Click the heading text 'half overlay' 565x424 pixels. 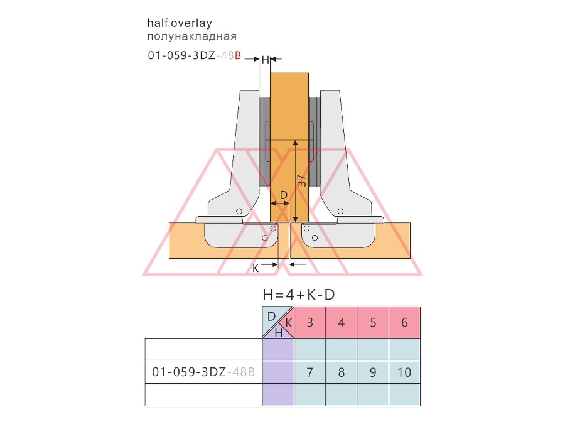(180, 23)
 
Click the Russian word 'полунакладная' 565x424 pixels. (192, 36)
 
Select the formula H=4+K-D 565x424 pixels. (299, 295)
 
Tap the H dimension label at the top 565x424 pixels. (265, 60)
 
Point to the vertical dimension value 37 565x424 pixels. (302, 180)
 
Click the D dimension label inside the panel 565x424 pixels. (284, 195)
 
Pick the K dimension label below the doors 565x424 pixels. (255, 269)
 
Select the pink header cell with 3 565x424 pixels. (310, 322)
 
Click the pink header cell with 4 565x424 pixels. (342, 322)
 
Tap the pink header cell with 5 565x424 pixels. (373, 322)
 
